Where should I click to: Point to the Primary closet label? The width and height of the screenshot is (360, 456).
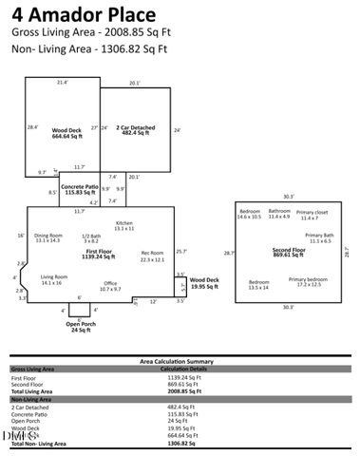tap(311, 214)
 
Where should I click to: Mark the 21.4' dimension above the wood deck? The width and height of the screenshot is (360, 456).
tap(63, 83)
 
